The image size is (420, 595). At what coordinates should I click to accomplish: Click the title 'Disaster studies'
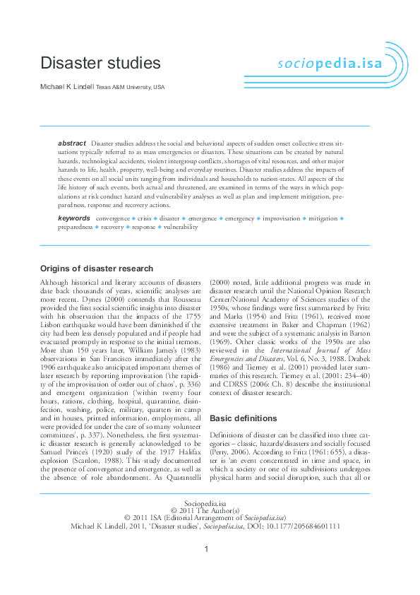click(x=100, y=63)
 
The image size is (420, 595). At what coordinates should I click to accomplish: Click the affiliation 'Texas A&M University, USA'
click(x=130, y=87)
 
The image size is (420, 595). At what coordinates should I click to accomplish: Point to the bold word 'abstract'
click(x=72, y=143)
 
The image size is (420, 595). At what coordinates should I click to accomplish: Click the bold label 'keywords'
click(x=73, y=218)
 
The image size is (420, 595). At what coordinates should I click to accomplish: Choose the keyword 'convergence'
click(x=112, y=219)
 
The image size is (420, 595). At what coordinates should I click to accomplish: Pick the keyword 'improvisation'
click(x=281, y=219)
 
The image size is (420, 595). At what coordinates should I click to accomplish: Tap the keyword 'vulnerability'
click(x=181, y=228)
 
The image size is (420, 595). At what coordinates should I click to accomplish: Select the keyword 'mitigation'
click(x=323, y=219)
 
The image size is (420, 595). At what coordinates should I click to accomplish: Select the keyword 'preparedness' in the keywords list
click(x=75, y=228)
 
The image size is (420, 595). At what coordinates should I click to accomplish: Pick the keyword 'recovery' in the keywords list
click(x=112, y=228)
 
